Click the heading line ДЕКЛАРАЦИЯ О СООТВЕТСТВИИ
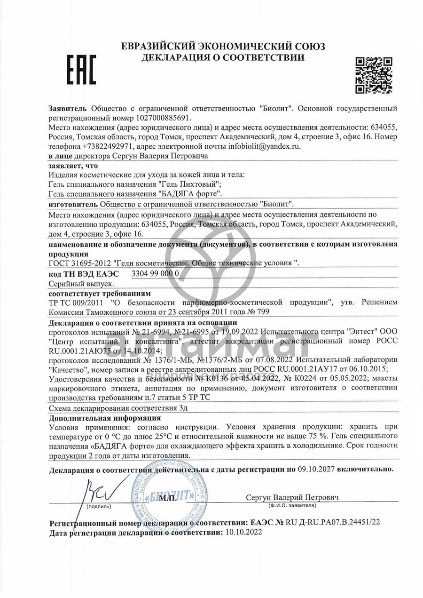click(x=223, y=57)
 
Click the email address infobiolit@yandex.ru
click(x=264, y=146)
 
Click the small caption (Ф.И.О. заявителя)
click(x=292, y=506)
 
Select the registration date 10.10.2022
click(x=243, y=532)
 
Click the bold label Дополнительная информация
click(x=105, y=418)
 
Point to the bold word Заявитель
click(x=69, y=108)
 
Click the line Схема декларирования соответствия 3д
click(x=118, y=408)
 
